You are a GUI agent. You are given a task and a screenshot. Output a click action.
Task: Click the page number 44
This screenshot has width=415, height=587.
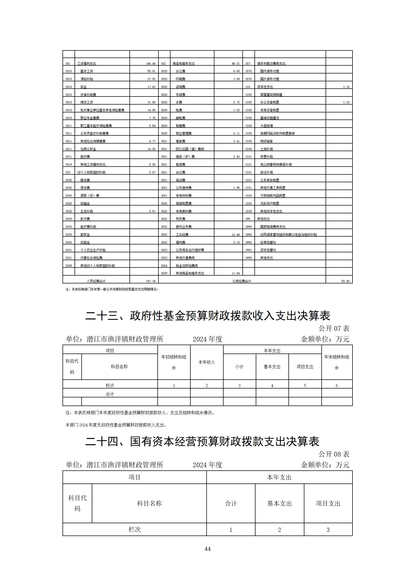pyautogui.click(x=207, y=549)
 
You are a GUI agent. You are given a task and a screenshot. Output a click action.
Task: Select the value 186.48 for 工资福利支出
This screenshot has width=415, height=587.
pyautogui.click(x=151, y=64)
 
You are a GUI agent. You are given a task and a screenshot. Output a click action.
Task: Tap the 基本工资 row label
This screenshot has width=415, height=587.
pyautogui.click(x=87, y=71)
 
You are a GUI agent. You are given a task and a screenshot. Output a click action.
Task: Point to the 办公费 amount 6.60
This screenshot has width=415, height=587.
pyautogui.click(x=236, y=71)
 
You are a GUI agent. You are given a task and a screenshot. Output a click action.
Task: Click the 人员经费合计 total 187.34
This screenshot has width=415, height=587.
pyautogui.click(x=151, y=281)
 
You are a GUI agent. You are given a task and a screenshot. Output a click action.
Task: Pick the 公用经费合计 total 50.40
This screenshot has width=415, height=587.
pyautogui.click(x=345, y=281)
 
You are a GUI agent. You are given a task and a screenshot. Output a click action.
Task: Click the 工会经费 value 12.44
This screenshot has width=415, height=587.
pyautogui.click(x=235, y=235)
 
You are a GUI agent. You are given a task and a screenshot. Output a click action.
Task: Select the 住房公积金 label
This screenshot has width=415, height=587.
pyautogui.click(x=88, y=149)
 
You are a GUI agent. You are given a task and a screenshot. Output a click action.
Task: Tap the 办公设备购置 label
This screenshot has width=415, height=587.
pyautogui.click(x=270, y=102)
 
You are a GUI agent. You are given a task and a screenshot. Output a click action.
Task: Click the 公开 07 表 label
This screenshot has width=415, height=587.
pyautogui.click(x=334, y=328)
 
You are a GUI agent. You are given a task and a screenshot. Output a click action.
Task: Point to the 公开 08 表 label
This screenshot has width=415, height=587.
pyautogui.click(x=334, y=454)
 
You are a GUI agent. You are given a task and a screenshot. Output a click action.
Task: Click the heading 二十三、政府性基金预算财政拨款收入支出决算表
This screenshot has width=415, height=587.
pyautogui.click(x=208, y=316)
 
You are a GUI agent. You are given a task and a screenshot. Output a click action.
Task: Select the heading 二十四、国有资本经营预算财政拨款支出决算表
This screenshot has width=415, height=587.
pyautogui.click(x=202, y=442)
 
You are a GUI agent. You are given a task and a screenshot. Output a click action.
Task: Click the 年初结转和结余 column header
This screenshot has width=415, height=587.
pyautogui.click(x=174, y=362)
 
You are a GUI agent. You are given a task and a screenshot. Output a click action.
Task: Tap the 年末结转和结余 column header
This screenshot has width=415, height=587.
pyautogui.click(x=337, y=362)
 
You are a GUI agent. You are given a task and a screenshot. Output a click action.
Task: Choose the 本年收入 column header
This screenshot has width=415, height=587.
pyautogui.click(x=207, y=362)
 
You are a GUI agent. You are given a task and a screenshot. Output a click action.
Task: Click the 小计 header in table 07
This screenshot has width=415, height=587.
pyautogui.click(x=239, y=367)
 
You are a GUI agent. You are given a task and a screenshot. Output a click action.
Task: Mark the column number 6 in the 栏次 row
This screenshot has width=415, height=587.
pyautogui.click(x=337, y=385)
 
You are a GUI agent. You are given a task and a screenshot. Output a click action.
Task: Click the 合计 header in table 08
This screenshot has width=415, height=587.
pyautogui.click(x=231, y=503)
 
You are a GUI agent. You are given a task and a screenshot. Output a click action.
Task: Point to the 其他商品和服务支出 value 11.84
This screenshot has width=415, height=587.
pyautogui.click(x=235, y=273)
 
